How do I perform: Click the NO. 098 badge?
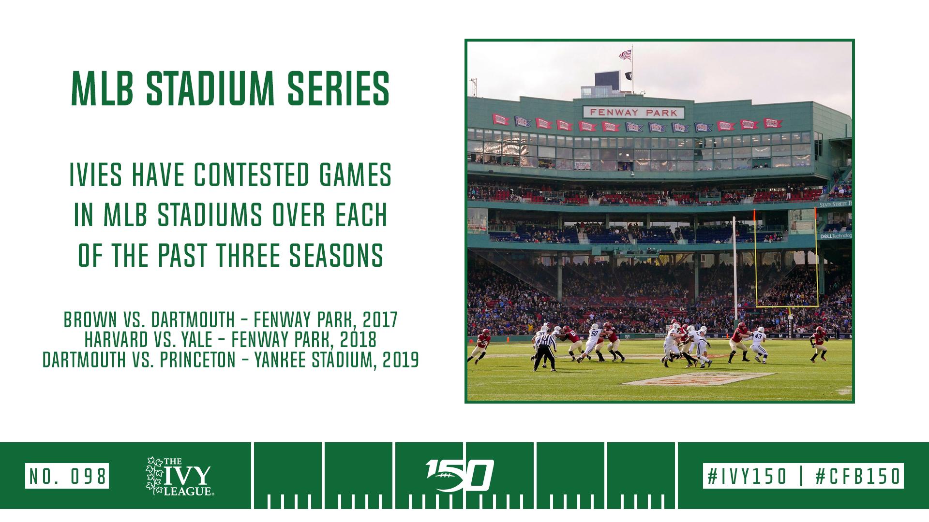pyautogui.click(x=67, y=476)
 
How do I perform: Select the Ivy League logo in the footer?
pyautogui.click(x=179, y=476)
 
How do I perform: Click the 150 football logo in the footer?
pyautogui.click(x=459, y=474)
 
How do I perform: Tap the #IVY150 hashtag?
pyautogui.click(x=747, y=476)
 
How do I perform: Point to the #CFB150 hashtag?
pyautogui.click(x=858, y=476)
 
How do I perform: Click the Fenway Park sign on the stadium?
pyautogui.click(x=634, y=113)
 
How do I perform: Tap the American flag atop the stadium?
pyautogui.click(x=626, y=54)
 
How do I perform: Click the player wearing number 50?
pyautogui.click(x=592, y=343)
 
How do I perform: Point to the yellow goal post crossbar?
pyautogui.click(x=787, y=306)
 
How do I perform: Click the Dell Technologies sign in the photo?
pyautogui.click(x=836, y=236)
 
